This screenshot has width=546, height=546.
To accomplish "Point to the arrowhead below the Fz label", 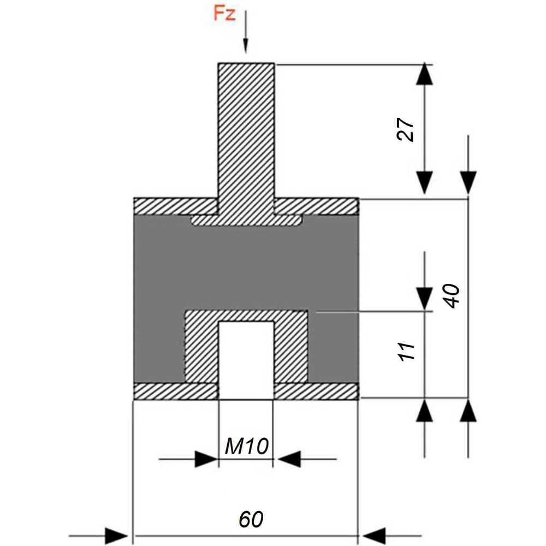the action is click(x=246, y=45).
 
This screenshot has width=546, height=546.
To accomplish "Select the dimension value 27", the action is click(x=406, y=129).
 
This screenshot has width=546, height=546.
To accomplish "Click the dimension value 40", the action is click(x=452, y=296).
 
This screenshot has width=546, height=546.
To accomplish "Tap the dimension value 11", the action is click(x=406, y=352).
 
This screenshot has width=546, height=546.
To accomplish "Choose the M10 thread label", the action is click(x=247, y=446).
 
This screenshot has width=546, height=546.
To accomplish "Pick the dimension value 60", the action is click(x=251, y=520).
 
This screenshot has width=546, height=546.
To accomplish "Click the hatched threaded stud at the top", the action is click(x=246, y=139).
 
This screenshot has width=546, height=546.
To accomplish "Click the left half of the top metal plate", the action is click(x=176, y=206).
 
